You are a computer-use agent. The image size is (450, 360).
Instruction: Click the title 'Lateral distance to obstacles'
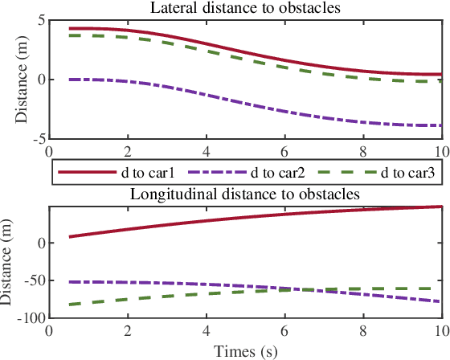click(245, 8)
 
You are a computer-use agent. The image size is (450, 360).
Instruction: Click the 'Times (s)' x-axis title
click(245, 351)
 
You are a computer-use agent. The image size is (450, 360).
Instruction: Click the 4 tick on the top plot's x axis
click(206, 150)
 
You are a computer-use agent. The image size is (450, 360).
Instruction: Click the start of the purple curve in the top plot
click(70, 80)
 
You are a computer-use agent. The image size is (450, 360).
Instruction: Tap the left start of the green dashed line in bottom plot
click(70, 305)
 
